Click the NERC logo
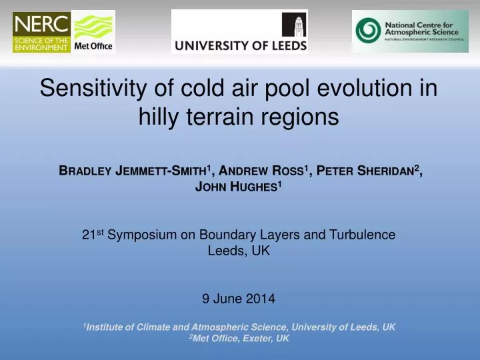point(41,32)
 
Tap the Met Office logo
point(93,32)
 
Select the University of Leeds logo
point(239,32)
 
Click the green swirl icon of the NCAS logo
point(367,31)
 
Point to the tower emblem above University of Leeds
point(293,25)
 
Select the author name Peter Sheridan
point(368,170)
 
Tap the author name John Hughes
point(237,187)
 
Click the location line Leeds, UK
point(239,251)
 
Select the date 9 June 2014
point(239,299)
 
